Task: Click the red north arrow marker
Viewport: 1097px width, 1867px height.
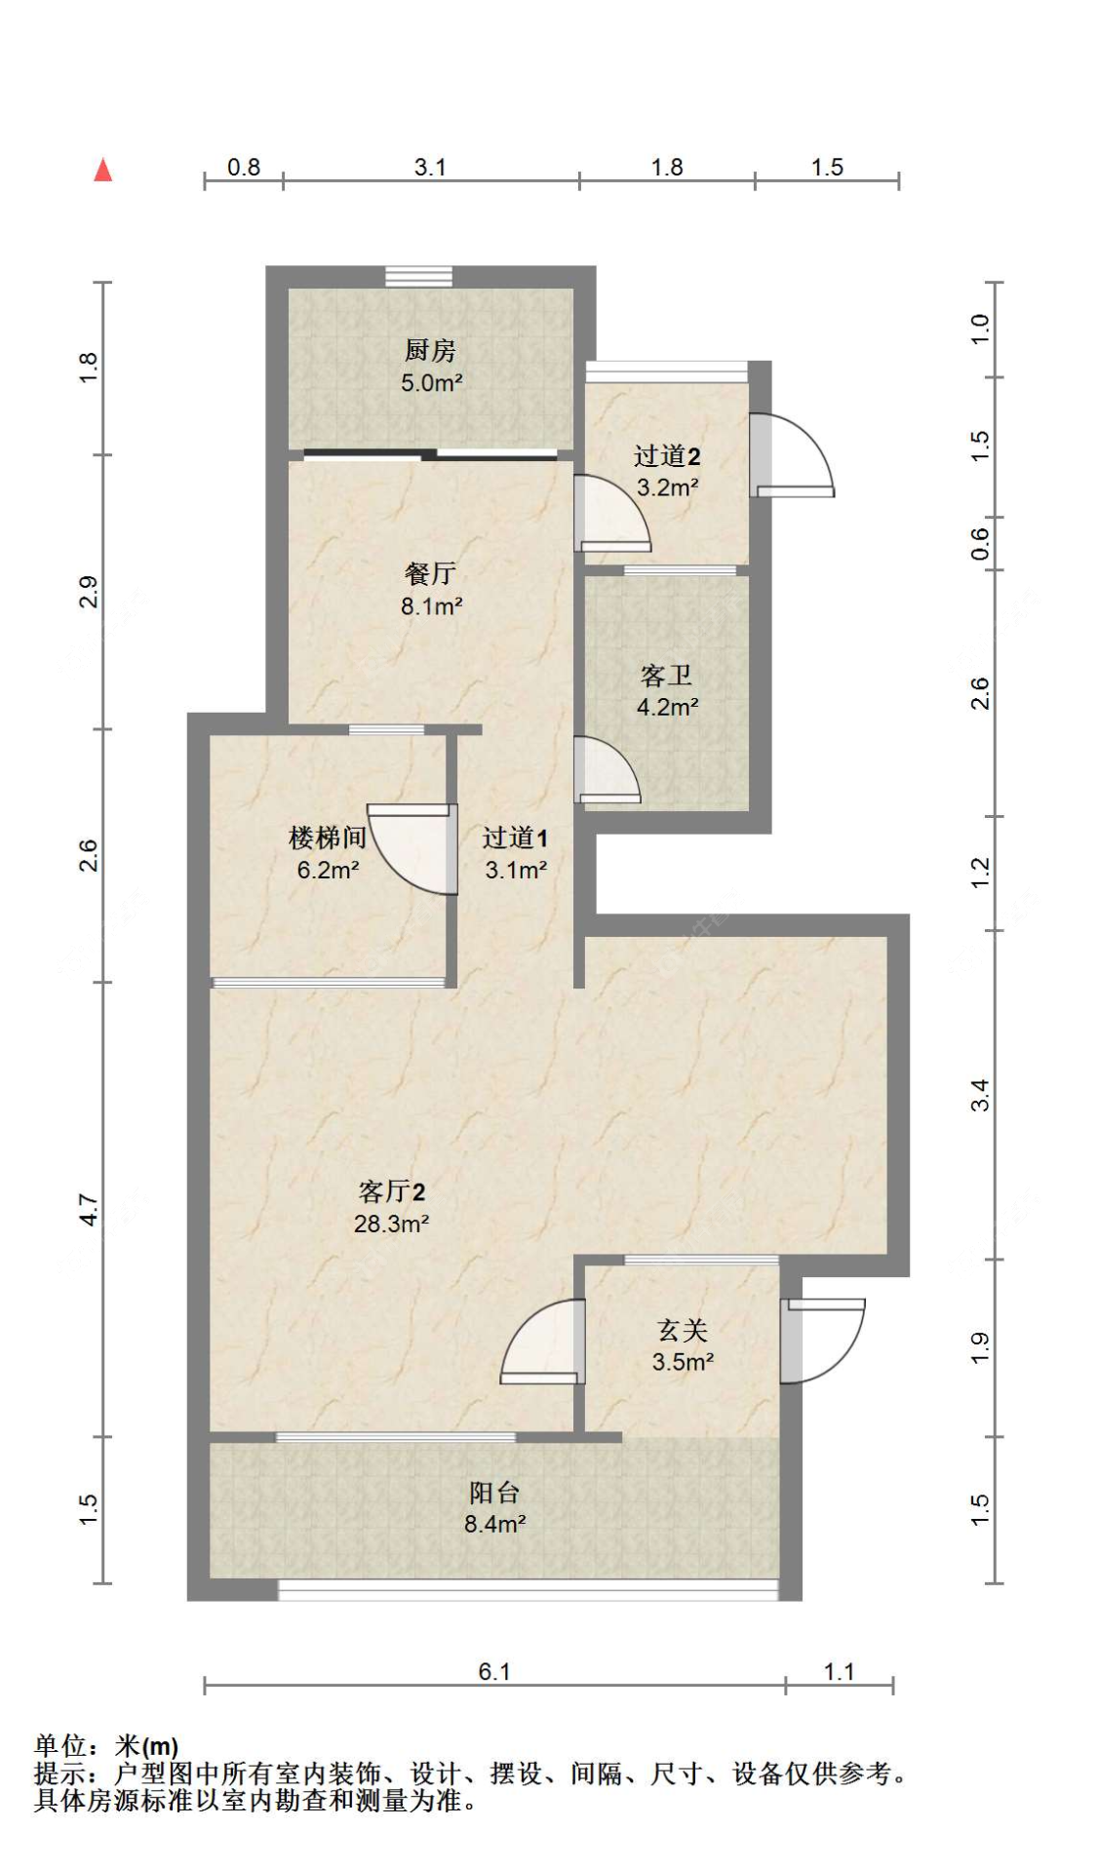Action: coord(102,170)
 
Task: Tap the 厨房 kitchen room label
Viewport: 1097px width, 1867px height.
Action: coord(430,349)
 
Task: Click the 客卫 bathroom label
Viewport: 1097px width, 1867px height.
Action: coord(667,675)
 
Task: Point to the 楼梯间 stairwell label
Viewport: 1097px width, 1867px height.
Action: coord(328,836)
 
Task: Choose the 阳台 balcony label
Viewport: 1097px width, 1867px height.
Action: coord(494,1492)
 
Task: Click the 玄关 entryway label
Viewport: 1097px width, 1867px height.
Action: coord(683,1330)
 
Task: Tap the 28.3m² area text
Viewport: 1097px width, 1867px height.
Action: coord(391,1224)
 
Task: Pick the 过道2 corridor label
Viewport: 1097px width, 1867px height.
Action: coord(667,455)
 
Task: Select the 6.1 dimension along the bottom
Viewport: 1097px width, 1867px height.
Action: coord(494,1671)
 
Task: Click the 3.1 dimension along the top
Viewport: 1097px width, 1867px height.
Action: coord(430,167)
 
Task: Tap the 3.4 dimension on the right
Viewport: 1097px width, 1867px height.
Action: coord(980,1095)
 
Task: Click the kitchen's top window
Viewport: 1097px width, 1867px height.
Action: coord(418,277)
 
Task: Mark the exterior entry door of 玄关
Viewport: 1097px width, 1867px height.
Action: coord(823,1341)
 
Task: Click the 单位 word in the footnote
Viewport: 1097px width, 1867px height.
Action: coord(60,1745)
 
